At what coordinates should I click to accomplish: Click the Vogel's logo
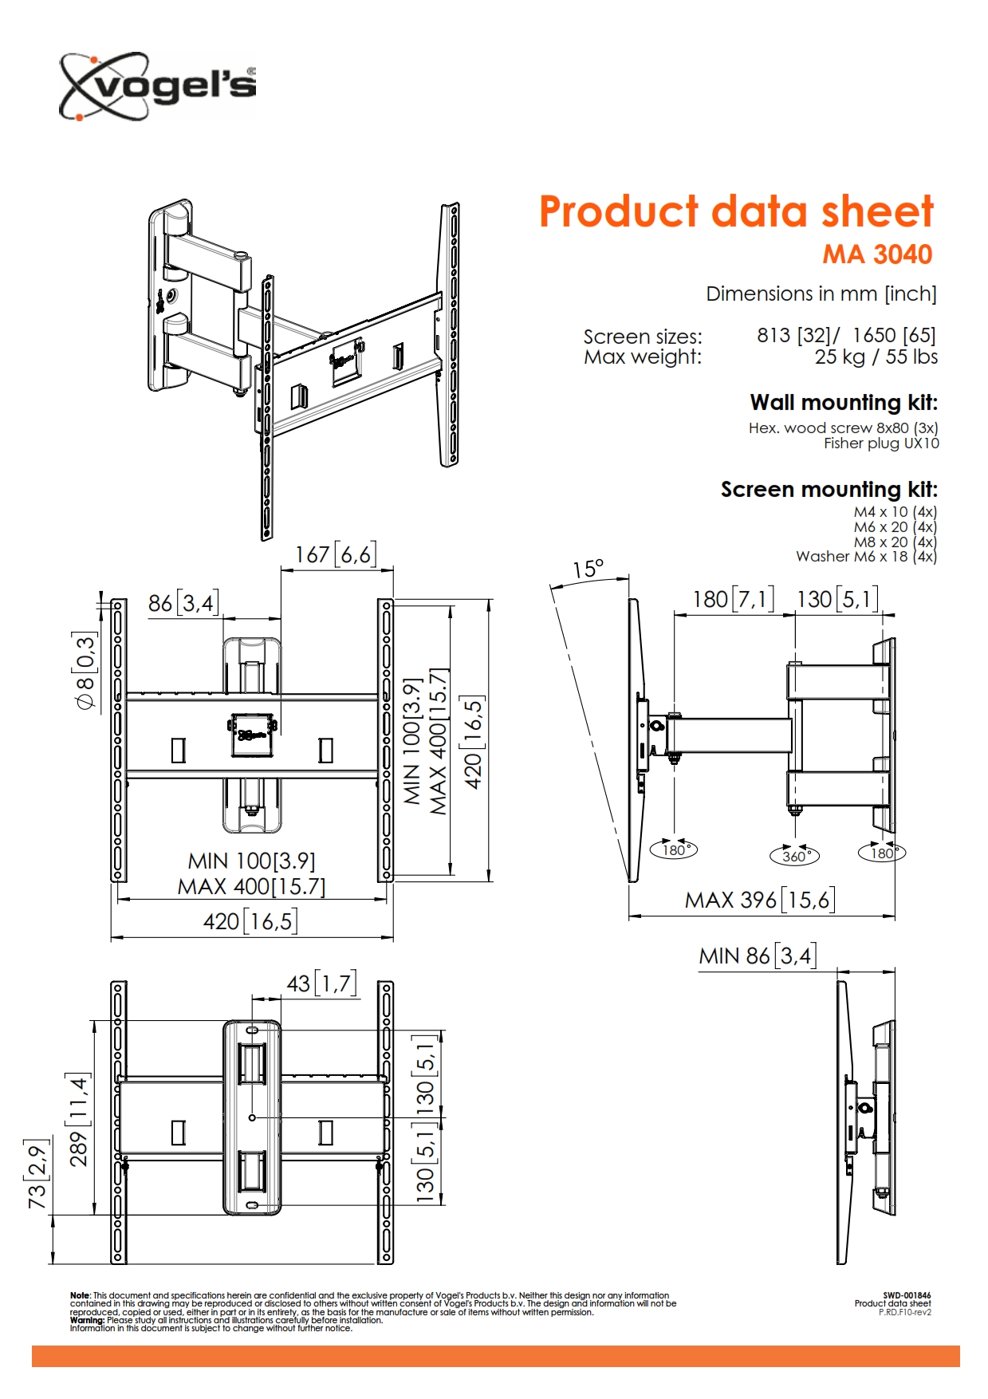(x=158, y=87)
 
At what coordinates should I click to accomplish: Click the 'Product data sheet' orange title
(x=736, y=212)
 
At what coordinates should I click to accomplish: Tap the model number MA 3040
(x=877, y=254)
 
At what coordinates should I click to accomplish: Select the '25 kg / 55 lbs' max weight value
(x=876, y=357)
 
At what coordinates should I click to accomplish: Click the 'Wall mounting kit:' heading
(x=844, y=402)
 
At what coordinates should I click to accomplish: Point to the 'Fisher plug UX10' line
(x=881, y=443)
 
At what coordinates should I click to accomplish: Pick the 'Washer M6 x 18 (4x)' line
(x=866, y=557)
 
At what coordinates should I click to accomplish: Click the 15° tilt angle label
(x=588, y=569)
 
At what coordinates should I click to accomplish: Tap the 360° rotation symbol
(x=795, y=856)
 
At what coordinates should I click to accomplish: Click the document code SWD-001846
(x=907, y=1295)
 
